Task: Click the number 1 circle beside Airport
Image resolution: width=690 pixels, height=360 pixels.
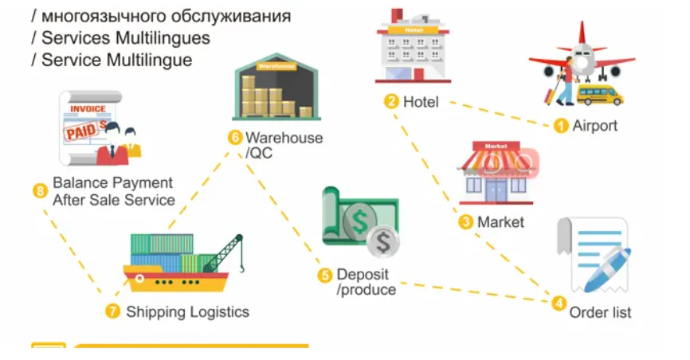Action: point(561,125)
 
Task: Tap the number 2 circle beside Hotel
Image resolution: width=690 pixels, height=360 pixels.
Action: point(391,101)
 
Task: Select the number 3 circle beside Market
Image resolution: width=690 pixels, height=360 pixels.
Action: point(466,222)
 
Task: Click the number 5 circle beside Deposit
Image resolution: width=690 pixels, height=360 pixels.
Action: point(324,275)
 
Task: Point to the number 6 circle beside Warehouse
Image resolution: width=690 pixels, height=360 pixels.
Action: point(234,137)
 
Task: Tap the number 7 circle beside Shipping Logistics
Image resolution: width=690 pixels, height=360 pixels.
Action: point(112,311)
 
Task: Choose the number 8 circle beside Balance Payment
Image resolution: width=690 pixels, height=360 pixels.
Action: point(40,191)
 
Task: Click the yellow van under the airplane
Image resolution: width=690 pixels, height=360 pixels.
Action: point(600,96)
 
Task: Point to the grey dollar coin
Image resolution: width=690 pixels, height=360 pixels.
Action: point(383,244)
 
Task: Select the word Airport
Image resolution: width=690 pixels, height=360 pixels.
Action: point(595,126)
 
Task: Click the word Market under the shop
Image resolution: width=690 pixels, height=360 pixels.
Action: point(500,222)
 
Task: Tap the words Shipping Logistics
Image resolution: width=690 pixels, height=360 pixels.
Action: point(187,312)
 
